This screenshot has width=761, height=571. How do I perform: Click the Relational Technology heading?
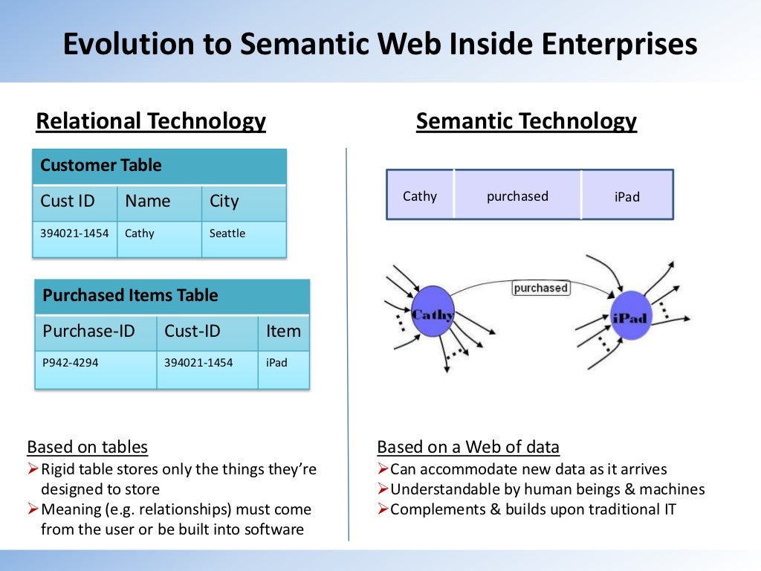[151, 121]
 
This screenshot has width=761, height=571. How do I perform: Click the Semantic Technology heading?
[526, 121]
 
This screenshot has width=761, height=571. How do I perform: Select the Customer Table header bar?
[159, 166]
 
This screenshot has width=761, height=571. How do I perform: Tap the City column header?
[243, 201]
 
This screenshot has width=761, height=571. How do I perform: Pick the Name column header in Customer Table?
[158, 201]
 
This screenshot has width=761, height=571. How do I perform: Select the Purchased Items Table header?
[172, 296]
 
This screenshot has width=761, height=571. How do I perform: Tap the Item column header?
[283, 332]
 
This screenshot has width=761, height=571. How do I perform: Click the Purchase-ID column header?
[95, 332]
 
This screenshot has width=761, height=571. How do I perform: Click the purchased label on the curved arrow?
[540, 288]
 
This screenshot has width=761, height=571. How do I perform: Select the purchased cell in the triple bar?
[517, 196]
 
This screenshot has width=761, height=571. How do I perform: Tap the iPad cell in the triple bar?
[626, 197]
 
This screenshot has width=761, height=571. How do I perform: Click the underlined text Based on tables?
[87, 447]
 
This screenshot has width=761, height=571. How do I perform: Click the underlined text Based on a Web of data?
[468, 447]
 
